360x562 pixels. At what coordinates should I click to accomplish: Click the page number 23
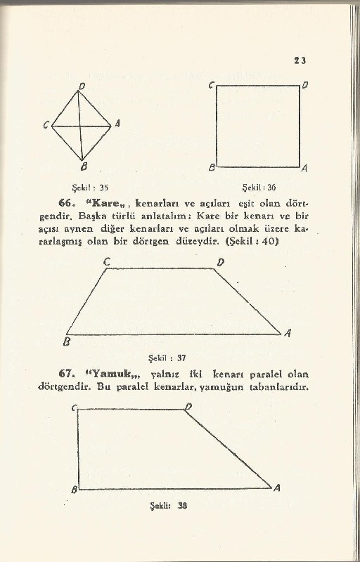(x=299, y=60)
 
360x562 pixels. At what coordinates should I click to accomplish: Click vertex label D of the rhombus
(x=82, y=85)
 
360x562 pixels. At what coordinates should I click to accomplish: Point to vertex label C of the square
(x=211, y=84)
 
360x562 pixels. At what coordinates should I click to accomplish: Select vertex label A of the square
(x=304, y=169)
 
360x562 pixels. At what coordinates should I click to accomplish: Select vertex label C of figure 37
(x=107, y=262)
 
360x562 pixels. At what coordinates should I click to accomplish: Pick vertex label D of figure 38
(x=188, y=407)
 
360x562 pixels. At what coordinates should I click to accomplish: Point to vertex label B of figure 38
(x=74, y=488)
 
